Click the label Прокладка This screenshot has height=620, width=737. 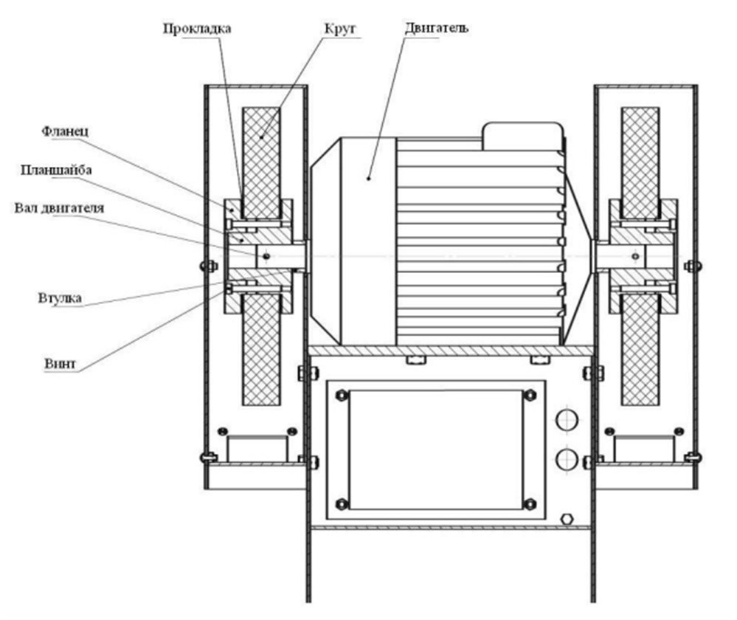197,29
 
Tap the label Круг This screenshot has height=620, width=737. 340,30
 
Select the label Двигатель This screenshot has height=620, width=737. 437,28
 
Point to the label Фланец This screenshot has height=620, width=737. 65,131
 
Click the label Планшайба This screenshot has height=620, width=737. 56,170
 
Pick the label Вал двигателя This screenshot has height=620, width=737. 59,208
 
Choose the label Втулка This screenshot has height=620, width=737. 60,297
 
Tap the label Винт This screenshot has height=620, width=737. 60,364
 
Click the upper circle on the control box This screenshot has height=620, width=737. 567,419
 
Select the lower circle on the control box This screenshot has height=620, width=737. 567,459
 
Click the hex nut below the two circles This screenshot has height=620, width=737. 567,519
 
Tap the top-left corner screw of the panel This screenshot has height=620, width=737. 342,395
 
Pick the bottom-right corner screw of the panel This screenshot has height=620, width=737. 530,504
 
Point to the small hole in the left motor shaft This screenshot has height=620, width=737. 266,256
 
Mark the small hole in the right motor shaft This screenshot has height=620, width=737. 635,256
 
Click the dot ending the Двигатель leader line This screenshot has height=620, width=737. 369,179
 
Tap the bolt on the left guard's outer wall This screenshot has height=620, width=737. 209,266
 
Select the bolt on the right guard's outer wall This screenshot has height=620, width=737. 693,266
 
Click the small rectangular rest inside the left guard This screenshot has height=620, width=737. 257,449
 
